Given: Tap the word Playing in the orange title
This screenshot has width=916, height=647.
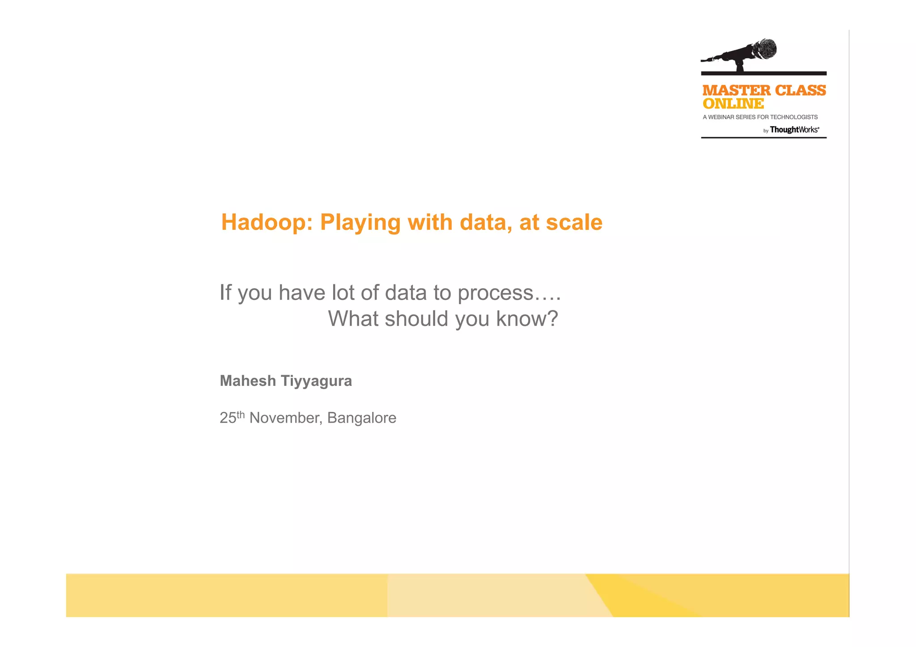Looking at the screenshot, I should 360,223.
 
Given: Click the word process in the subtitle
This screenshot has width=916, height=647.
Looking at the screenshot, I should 495,293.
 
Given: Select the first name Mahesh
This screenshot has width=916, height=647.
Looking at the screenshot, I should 248,381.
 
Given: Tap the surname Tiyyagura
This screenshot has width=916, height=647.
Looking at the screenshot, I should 316,381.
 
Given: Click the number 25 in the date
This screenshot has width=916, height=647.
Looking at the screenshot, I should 228,418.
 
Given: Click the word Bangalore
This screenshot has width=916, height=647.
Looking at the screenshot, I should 361,418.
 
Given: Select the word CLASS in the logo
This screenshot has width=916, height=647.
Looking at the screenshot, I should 800,91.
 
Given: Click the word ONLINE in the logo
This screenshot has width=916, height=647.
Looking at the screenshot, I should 733,104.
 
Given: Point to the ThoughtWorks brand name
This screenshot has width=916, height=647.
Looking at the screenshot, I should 794,130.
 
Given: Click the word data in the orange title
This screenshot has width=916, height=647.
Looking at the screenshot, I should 485,222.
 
